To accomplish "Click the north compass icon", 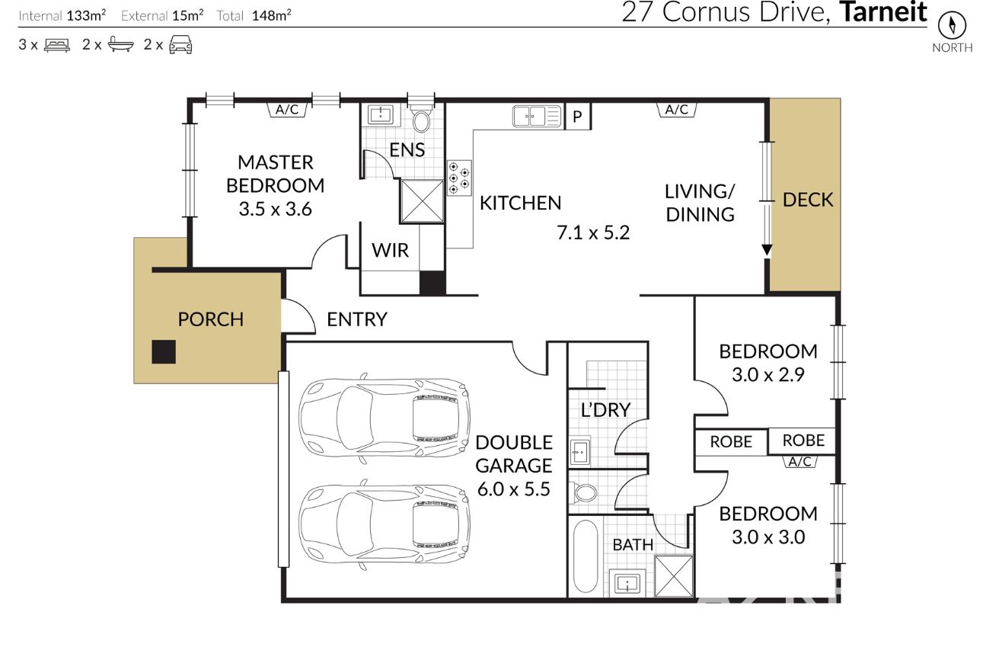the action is click(x=953, y=25).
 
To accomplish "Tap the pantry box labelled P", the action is click(x=577, y=116).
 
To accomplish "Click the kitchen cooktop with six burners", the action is click(x=459, y=178).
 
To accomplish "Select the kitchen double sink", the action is click(x=537, y=116).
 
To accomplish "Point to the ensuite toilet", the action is click(x=421, y=117).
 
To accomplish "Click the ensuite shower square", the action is click(x=422, y=200).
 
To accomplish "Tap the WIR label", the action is click(x=390, y=250).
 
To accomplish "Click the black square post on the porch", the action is click(x=164, y=352).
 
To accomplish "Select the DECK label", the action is click(x=808, y=200).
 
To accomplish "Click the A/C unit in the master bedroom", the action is click(x=287, y=110).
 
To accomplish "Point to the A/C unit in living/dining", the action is click(x=676, y=110).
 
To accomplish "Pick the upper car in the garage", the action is click(x=385, y=418).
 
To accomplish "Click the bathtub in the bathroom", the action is click(x=586, y=556).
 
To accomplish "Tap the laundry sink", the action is click(x=579, y=450).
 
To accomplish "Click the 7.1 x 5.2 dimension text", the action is click(x=593, y=232).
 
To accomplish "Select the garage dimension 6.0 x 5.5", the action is click(x=513, y=489).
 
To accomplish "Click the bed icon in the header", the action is click(x=57, y=45).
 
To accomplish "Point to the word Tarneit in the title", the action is click(x=883, y=12).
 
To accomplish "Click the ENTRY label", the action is click(x=357, y=319).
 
